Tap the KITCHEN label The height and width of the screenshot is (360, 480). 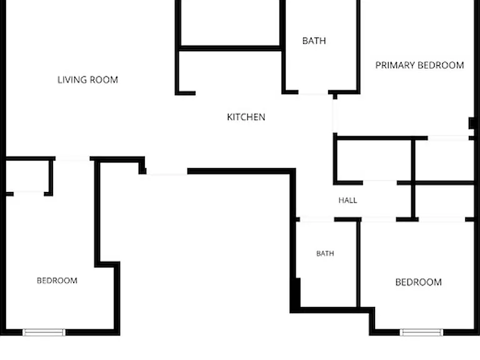pos(246,117)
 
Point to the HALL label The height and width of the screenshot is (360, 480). pos(347,200)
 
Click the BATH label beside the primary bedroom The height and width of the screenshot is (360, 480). pos(314,41)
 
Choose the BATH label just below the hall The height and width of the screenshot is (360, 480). pos(325,254)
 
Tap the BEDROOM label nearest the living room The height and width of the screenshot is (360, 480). pos(57,281)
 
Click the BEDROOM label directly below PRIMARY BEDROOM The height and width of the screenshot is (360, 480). pos(419,282)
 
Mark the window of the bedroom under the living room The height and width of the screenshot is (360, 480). pos(44,332)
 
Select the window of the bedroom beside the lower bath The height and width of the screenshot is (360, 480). pos(421,332)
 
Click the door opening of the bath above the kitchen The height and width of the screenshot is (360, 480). pos(313,92)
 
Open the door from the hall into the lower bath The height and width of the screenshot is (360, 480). pos(317,219)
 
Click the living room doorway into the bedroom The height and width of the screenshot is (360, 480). pos(72,159)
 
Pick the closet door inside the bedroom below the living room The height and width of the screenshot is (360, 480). pos(29,194)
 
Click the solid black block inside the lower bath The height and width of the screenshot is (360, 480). pos(296,292)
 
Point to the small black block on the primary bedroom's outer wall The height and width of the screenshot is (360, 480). pos(472,123)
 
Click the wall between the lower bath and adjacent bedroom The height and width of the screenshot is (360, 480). pos(358,264)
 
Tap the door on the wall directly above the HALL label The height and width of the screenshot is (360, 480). pos(380,183)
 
